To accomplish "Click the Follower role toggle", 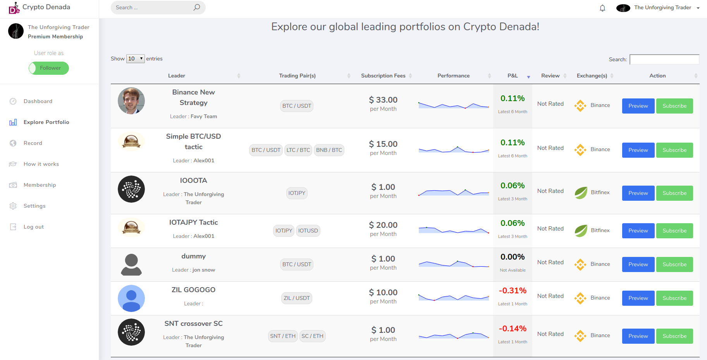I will (x=49, y=68).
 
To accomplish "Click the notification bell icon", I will (x=602, y=8).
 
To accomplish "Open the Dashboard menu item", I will (x=38, y=101).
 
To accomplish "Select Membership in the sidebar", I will (x=40, y=185).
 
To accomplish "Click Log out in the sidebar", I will (x=33, y=227).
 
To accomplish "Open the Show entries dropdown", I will (x=135, y=59).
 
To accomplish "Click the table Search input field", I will (x=664, y=59).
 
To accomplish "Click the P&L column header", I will (x=513, y=76).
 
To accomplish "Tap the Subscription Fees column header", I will (x=383, y=76).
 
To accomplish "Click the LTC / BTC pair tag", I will (x=298, y=150).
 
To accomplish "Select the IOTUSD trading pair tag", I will (x=308, y=231).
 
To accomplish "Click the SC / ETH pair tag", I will (x=312, y=336).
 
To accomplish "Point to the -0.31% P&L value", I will (x=513, y=291).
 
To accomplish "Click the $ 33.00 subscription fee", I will (x=383, y=100).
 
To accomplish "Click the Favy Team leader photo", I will (x=131, y=101).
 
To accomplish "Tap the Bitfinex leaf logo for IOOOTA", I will (x=581, y=193).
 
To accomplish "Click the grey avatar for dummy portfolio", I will (x=131, y=265).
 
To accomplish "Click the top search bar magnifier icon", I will (x=197, y=7).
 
